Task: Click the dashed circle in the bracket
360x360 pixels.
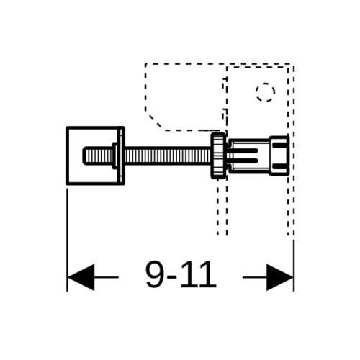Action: tap(265, 84)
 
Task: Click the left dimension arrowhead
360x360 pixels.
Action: tap(81, 277)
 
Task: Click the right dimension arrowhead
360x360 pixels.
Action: tap(280, 277)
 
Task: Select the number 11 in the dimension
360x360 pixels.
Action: tap(199, 274)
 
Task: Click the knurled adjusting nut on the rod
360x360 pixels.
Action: tap(218, 156)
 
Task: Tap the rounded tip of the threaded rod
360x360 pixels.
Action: tap(84, 156)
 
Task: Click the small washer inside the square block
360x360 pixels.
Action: tap(115, 156)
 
